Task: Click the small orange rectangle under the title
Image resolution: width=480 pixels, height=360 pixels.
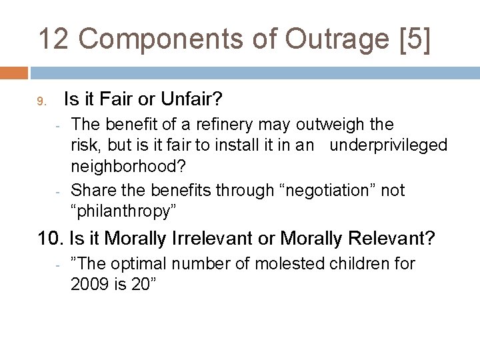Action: click(x=13, y=73)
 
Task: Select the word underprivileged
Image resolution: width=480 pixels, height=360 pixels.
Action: click(x=389, y=146)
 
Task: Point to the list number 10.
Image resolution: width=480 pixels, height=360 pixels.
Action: click(x=47, y=238)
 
